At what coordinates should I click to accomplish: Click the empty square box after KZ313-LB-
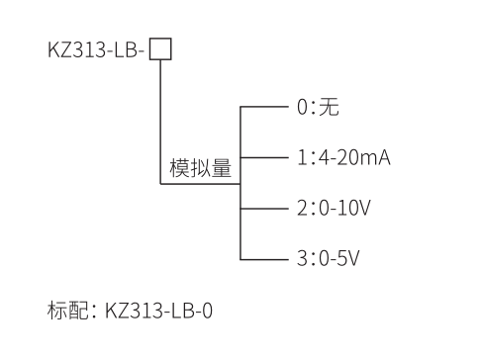coord(160,48)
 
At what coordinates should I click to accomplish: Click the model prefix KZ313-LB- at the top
coord(97,49)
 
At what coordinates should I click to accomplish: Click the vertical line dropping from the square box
coord(160,119)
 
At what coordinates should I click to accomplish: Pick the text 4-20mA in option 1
coord(353,157)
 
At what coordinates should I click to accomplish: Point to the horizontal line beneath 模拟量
coord(198,183)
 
